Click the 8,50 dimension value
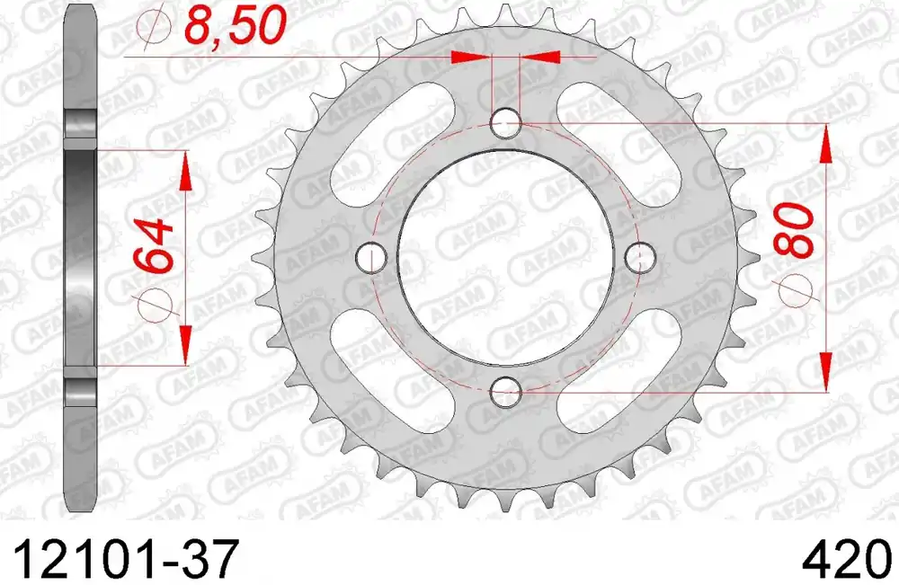pyautogui.click(x=235, y=26)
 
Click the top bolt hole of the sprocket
pyautogui.click(x=506, y=122)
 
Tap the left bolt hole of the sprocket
pyautogui.click(x=371, y=257)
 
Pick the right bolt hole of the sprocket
pyautogui.click(x=640, y=257)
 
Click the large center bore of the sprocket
pyautogui.click(x=506, y=257)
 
